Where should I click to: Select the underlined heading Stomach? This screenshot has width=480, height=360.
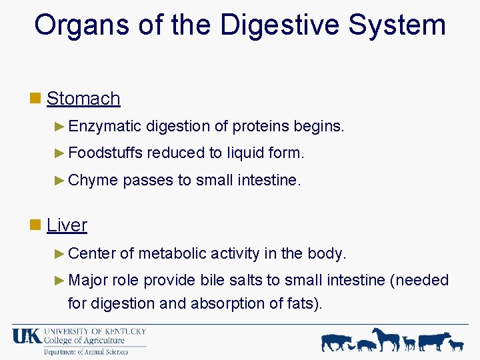tap(83, 99)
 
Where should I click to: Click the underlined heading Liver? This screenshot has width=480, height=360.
tap(67, 225)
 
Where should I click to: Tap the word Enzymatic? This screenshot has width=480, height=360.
tap(105, 126)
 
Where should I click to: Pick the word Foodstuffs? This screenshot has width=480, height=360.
tap(105, 153)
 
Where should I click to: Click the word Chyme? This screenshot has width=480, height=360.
tap(93, 180)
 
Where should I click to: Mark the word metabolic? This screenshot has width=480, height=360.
tap(173, 253)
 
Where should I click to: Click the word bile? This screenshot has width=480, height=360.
tap(212, 280)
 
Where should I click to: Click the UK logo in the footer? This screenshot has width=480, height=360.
tap(27, 337)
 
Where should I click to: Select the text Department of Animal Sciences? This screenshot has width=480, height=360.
tap(86, 352)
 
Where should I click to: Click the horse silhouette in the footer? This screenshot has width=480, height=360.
tap(386, 339)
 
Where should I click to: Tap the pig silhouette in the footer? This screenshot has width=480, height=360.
tap(366, 345)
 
